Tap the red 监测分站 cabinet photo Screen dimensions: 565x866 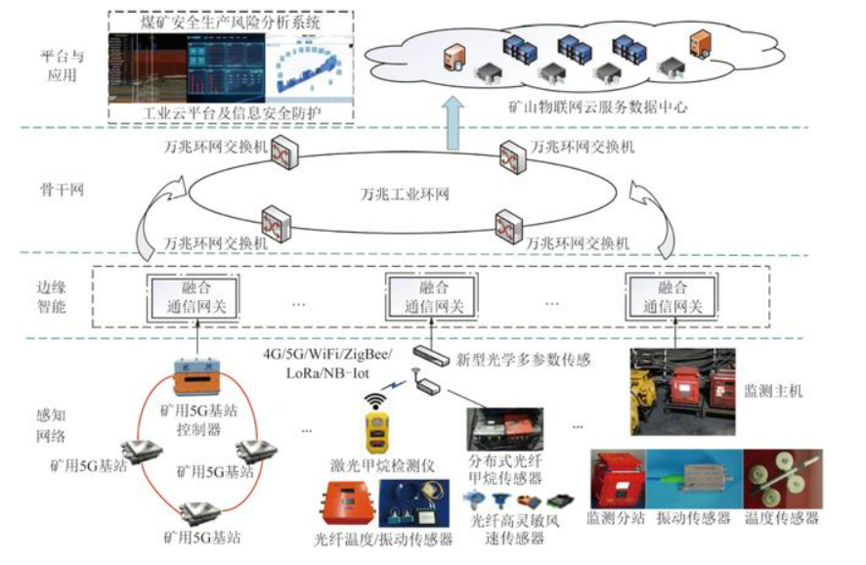621,478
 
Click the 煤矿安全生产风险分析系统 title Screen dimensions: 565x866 231,20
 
